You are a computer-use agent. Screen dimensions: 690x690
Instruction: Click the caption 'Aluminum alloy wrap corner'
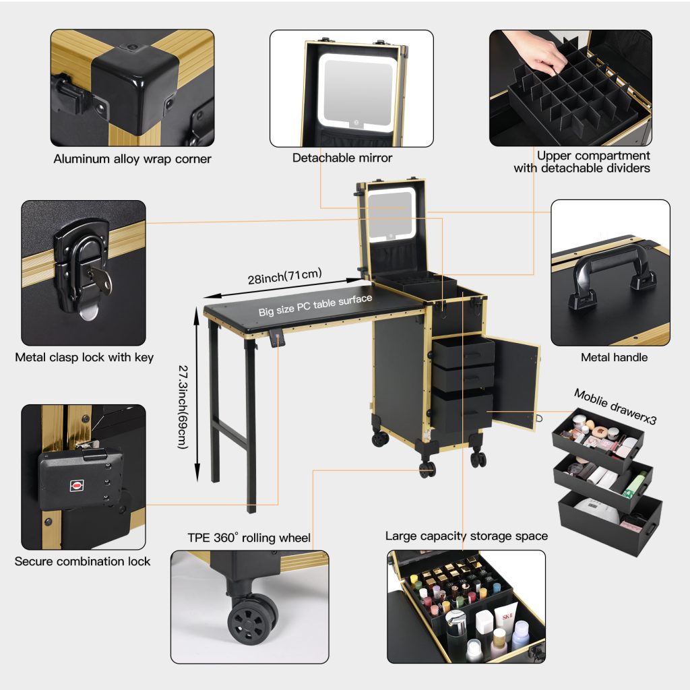(132, 159)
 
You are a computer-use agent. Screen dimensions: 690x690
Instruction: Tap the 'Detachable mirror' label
(342, 158)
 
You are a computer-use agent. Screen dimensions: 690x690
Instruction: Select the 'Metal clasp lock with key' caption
(84, 357)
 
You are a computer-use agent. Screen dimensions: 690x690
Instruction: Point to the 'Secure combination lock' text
(82, 561)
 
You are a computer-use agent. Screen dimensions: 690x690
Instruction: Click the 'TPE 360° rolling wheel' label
(249, 537)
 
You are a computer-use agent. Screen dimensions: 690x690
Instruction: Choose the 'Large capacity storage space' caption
(466, 536)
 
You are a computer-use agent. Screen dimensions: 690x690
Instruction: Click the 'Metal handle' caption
(614, 357)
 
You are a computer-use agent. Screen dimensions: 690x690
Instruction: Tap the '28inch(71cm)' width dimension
(285, 276)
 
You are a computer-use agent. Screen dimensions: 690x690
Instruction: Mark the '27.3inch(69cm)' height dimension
(183, 407)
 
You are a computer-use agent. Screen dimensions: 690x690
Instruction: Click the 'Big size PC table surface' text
(315, 305)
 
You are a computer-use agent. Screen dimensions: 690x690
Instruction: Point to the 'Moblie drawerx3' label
(615, 406)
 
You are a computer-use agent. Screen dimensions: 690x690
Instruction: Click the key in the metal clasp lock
(100, 279)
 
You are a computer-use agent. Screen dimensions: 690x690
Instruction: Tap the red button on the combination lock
(77, 486)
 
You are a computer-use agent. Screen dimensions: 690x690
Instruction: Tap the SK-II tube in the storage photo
(506, 620)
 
